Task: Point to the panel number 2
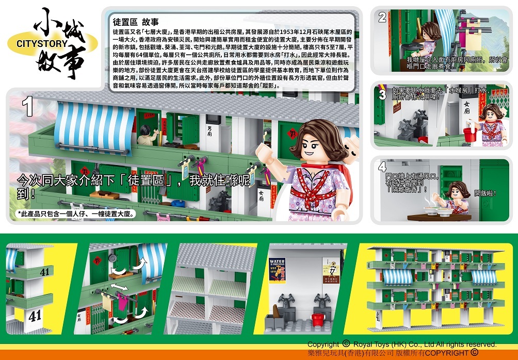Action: click(x=382, y=18)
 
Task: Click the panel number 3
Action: click(x=382, y=95)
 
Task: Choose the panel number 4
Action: click(x=382, y=167)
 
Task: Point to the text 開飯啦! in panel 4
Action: click(x=485, y=193)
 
